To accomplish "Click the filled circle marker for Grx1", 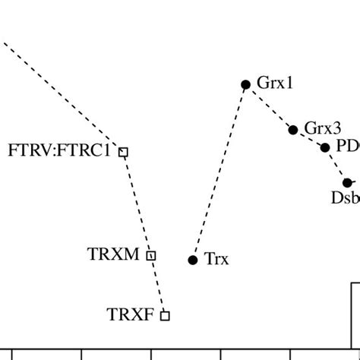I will [x=245, y=84].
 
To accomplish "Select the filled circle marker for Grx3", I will [x=293, y=130].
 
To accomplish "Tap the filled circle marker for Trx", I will [x=193, y=260].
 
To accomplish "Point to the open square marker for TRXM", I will [x=151, y=256].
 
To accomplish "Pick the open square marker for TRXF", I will [x=165, y=315].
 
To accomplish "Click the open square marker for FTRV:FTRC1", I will [x=124, y=152].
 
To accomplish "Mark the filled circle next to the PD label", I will [x=326, y=147].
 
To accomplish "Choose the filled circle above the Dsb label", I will [x=348, y=182].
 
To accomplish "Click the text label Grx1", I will [x=275, y=84].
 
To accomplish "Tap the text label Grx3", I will [x=323, y=128].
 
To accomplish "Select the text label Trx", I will [x=216, y=260].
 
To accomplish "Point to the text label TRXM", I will [x=114, y=254].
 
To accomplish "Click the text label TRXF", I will [x=131, y=313].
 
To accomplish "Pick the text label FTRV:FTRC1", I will [x=59, y=150].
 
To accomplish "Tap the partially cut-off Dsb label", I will [x=345, y=199].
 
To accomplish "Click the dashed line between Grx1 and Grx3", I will [x=270, y=107].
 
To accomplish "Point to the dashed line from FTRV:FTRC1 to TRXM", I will [x=137, y=204].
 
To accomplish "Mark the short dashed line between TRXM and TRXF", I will [x=158, y=286].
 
